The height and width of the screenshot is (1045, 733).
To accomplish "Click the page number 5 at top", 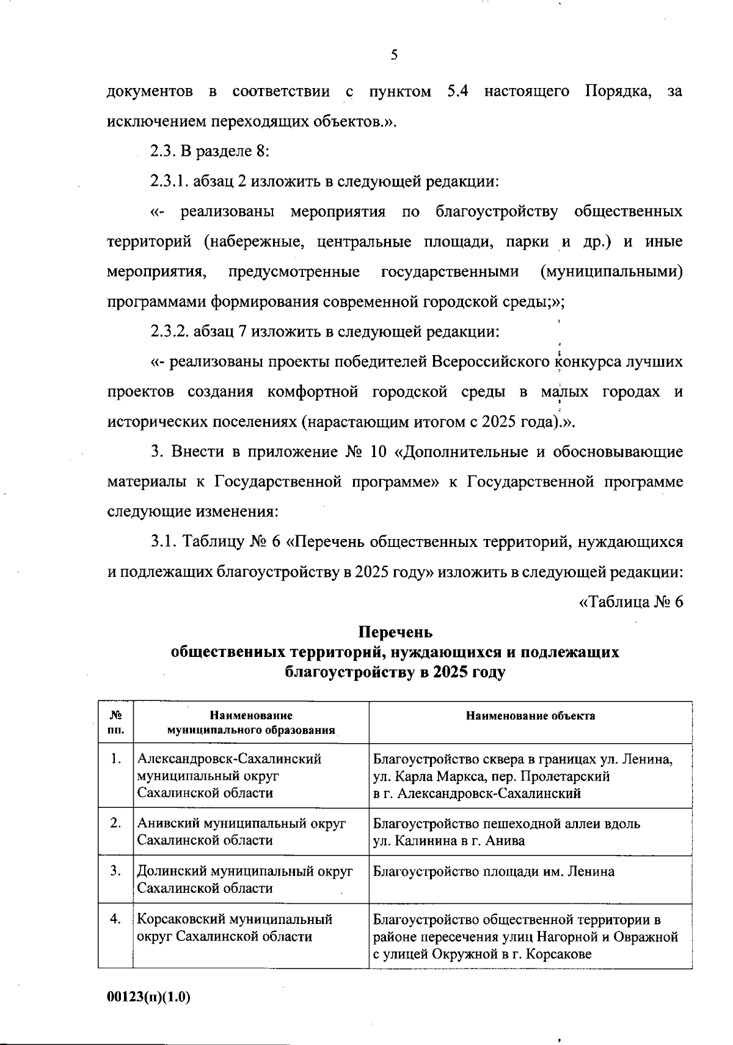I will pyautogui.click(x=393, y=55).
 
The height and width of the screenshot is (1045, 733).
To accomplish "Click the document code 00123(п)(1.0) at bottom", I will pyautogui.click(x=149, y=997).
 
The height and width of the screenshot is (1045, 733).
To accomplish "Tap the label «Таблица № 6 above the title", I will pyautogui.click(x=630, y=602).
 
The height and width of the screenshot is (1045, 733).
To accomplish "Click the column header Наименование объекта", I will pyautogui.click(x=530, y=716).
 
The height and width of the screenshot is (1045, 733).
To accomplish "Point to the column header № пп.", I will pyautogui.click(x=116, y=722).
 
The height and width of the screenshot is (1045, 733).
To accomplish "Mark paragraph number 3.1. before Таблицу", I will pyautogui.click(x=167, y=542).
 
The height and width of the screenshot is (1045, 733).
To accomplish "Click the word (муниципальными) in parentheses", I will pyautogui.click(x=611, y=271).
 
